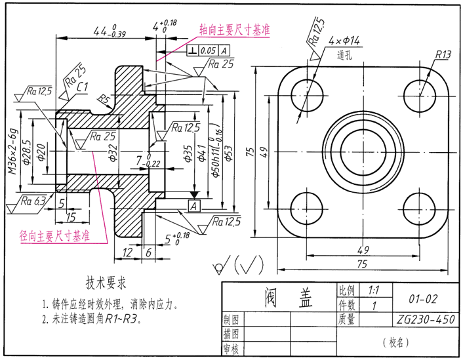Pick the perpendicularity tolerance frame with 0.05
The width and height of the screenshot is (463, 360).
(209, 50)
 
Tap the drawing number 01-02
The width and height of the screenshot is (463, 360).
(422, 298)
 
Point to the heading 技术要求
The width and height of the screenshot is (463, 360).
(106, 283)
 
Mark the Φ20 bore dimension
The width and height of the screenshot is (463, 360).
(41, 152)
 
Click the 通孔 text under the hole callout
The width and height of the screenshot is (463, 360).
(344, 55)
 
